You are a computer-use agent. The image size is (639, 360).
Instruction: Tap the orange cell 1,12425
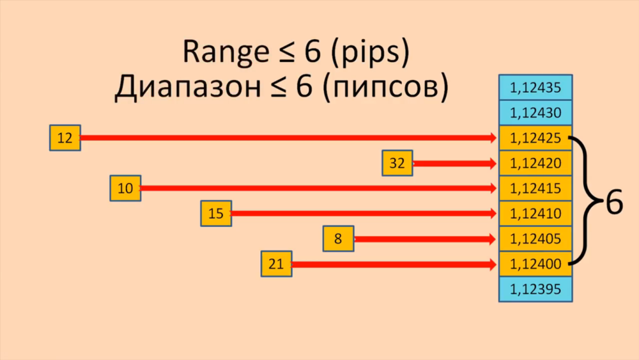(535, 138)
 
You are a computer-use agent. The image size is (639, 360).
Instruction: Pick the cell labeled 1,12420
(535, 163)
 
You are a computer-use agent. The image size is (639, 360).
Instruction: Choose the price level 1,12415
(535, 189)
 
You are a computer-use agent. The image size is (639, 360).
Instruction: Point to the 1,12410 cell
(535, 214)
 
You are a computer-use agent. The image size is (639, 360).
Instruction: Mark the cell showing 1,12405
(535, 239)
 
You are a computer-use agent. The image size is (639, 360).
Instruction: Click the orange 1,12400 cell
(535, 264)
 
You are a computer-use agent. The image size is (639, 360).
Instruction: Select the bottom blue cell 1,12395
(535, 289)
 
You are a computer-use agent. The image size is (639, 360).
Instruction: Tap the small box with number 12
(65, 138)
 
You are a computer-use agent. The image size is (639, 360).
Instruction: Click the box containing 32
(397, 163)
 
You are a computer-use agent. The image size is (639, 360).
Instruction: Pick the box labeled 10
(125, 189)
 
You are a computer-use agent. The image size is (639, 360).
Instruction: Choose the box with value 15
(216, 214)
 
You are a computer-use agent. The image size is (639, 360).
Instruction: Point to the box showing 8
(338, 239)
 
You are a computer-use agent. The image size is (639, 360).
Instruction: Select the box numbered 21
(276, 264)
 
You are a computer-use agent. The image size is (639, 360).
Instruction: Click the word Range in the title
(221, 52)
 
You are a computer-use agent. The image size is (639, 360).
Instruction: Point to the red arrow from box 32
(454, 164)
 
